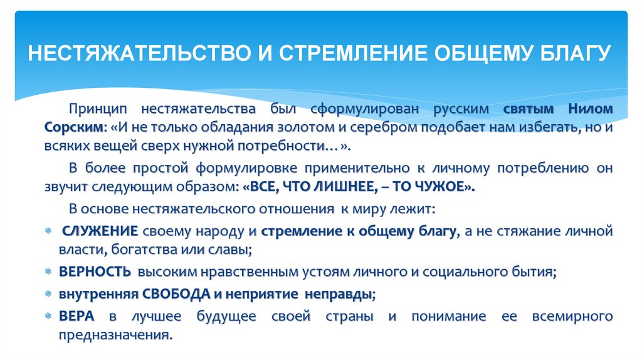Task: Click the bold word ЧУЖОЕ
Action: pos(445,187)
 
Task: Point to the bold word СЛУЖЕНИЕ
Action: pos(99,231)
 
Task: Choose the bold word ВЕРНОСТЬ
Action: pos(95,272)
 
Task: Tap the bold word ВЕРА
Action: pos(76,315)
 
